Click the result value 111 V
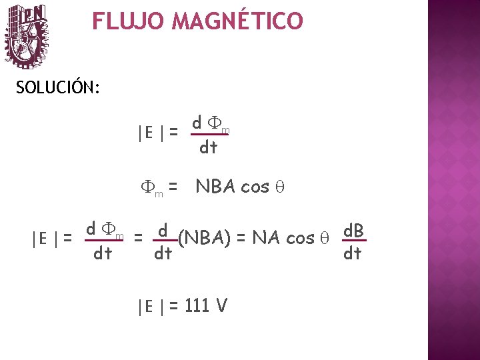point(207,306)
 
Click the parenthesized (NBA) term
point(205,237)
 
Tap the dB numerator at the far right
point(353,231)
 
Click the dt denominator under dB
point(352,253)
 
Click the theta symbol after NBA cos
point(280,187)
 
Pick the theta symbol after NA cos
point(326,237)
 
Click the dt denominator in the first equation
point(208,147)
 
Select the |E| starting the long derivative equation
point(45,237)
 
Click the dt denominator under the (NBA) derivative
point(163,253)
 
